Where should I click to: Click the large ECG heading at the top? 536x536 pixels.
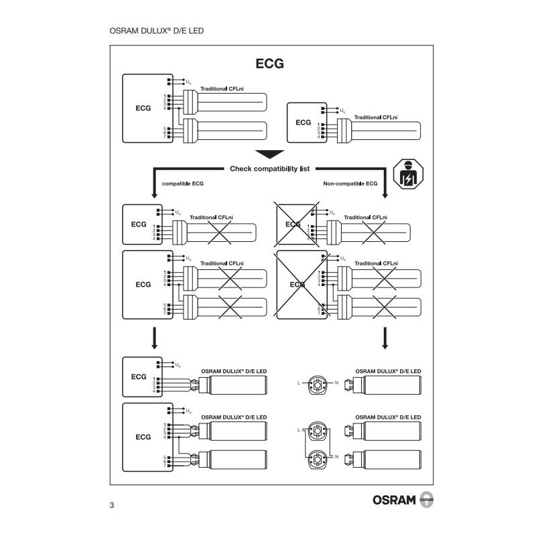[269, 64]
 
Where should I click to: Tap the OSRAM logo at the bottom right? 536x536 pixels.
[394, 501]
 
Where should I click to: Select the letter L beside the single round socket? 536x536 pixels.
[299, 383]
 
